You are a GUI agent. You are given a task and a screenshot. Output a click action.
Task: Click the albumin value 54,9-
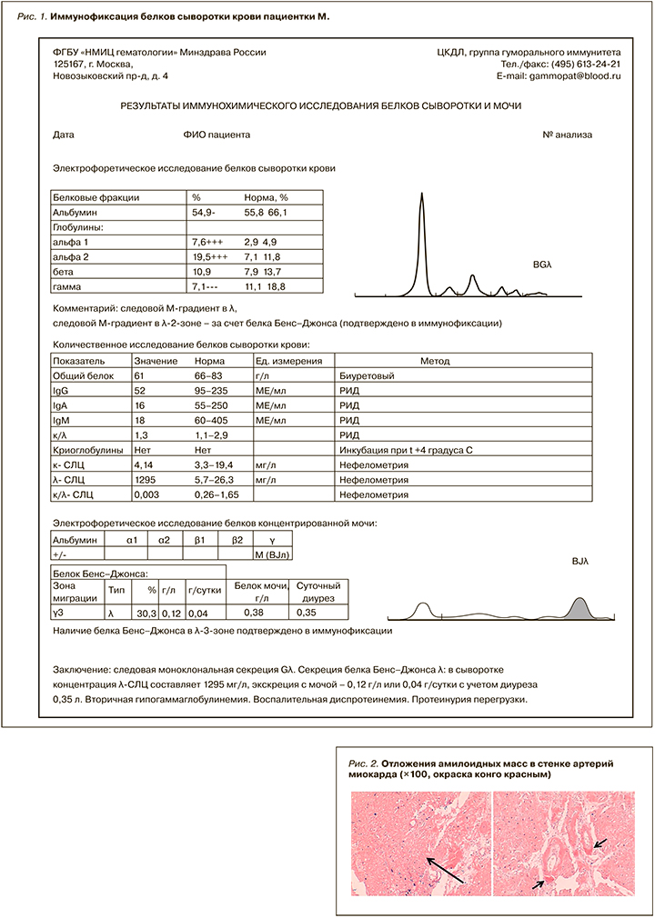203,212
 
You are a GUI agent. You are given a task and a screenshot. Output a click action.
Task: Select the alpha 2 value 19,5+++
209,258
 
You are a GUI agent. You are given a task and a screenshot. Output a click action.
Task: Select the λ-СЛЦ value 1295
146,480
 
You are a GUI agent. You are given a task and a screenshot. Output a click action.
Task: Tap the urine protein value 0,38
257,614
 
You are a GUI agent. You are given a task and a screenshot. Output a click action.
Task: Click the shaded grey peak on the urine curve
581,608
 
